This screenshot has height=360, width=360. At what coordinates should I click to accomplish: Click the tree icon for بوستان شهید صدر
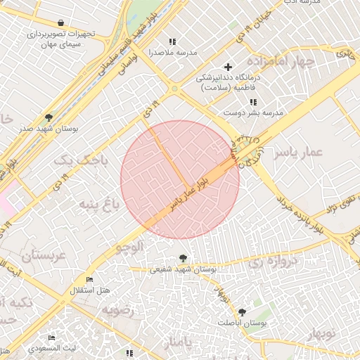[x=48, y=117]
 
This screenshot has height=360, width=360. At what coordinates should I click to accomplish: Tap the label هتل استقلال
[x=90, y=290]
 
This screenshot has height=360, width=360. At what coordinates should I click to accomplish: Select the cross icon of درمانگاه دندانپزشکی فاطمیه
[x=228, y=67]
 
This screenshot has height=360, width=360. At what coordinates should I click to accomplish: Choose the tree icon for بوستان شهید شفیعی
[x=184, y=258]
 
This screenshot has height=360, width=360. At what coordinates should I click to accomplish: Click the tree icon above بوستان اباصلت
[x=242, y=311]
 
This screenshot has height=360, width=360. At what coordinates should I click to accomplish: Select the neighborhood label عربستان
[x=44, y=255]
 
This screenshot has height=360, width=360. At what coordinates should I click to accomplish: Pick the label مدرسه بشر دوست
[x=253, y=112]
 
